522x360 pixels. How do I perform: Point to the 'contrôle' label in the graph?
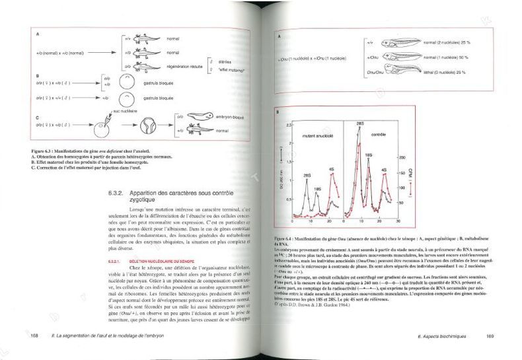(x=374, y=133)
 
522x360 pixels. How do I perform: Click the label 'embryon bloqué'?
(x=213, y=118)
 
